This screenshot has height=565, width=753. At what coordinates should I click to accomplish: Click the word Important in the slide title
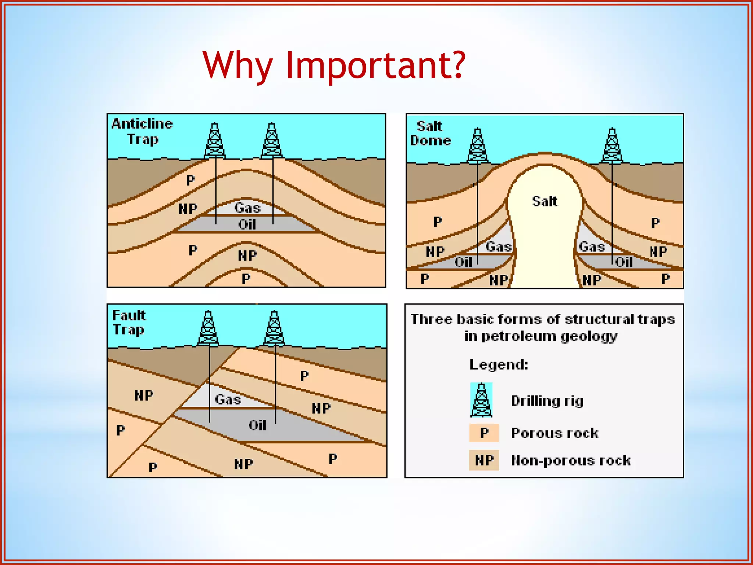pyautogui.click(x=375, y=65)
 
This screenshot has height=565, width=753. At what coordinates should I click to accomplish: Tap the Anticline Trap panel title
pyautogui.click(x=142, y=131)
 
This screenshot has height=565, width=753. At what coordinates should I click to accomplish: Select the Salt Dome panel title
pyautogui.click(x=430, y=133)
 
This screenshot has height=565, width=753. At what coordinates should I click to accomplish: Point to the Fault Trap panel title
pyautogui.click(x=129, y=322)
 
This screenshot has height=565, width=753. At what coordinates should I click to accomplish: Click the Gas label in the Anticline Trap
pyautogui.click(x=247, y=208)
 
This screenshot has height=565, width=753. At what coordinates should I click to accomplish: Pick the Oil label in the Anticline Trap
pyautogui.click(x=247, y=224)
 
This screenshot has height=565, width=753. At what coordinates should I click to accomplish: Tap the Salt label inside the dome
pyautogui.click(x=545, y=201)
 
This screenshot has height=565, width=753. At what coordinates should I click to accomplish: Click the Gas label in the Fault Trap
pyautogui.click(x=228, y=399)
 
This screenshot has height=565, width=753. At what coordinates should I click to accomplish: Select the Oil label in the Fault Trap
pyautogui.click(x=257, y=426)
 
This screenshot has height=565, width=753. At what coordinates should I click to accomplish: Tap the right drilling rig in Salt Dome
pyautogui.click(x=612, y=146)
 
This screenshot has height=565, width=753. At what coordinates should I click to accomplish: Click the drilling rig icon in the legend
pyautogui.click(x=481, y=400)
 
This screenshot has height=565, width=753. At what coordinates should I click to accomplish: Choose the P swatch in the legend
pyautogui.click(x=484, y=433)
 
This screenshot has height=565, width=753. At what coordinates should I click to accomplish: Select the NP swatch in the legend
pyautogui.click(x=484, y=460)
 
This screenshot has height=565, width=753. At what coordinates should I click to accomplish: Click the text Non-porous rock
pyautogui.click(x=571, y=461)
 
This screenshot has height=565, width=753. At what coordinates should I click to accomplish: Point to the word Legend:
pyautogui.click(x=499, y=365)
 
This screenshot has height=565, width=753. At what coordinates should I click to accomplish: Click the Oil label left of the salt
pyautogui.click(x=463, y=262)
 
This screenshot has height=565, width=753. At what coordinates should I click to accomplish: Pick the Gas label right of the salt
pyautogui.click(x=592, y=246)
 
